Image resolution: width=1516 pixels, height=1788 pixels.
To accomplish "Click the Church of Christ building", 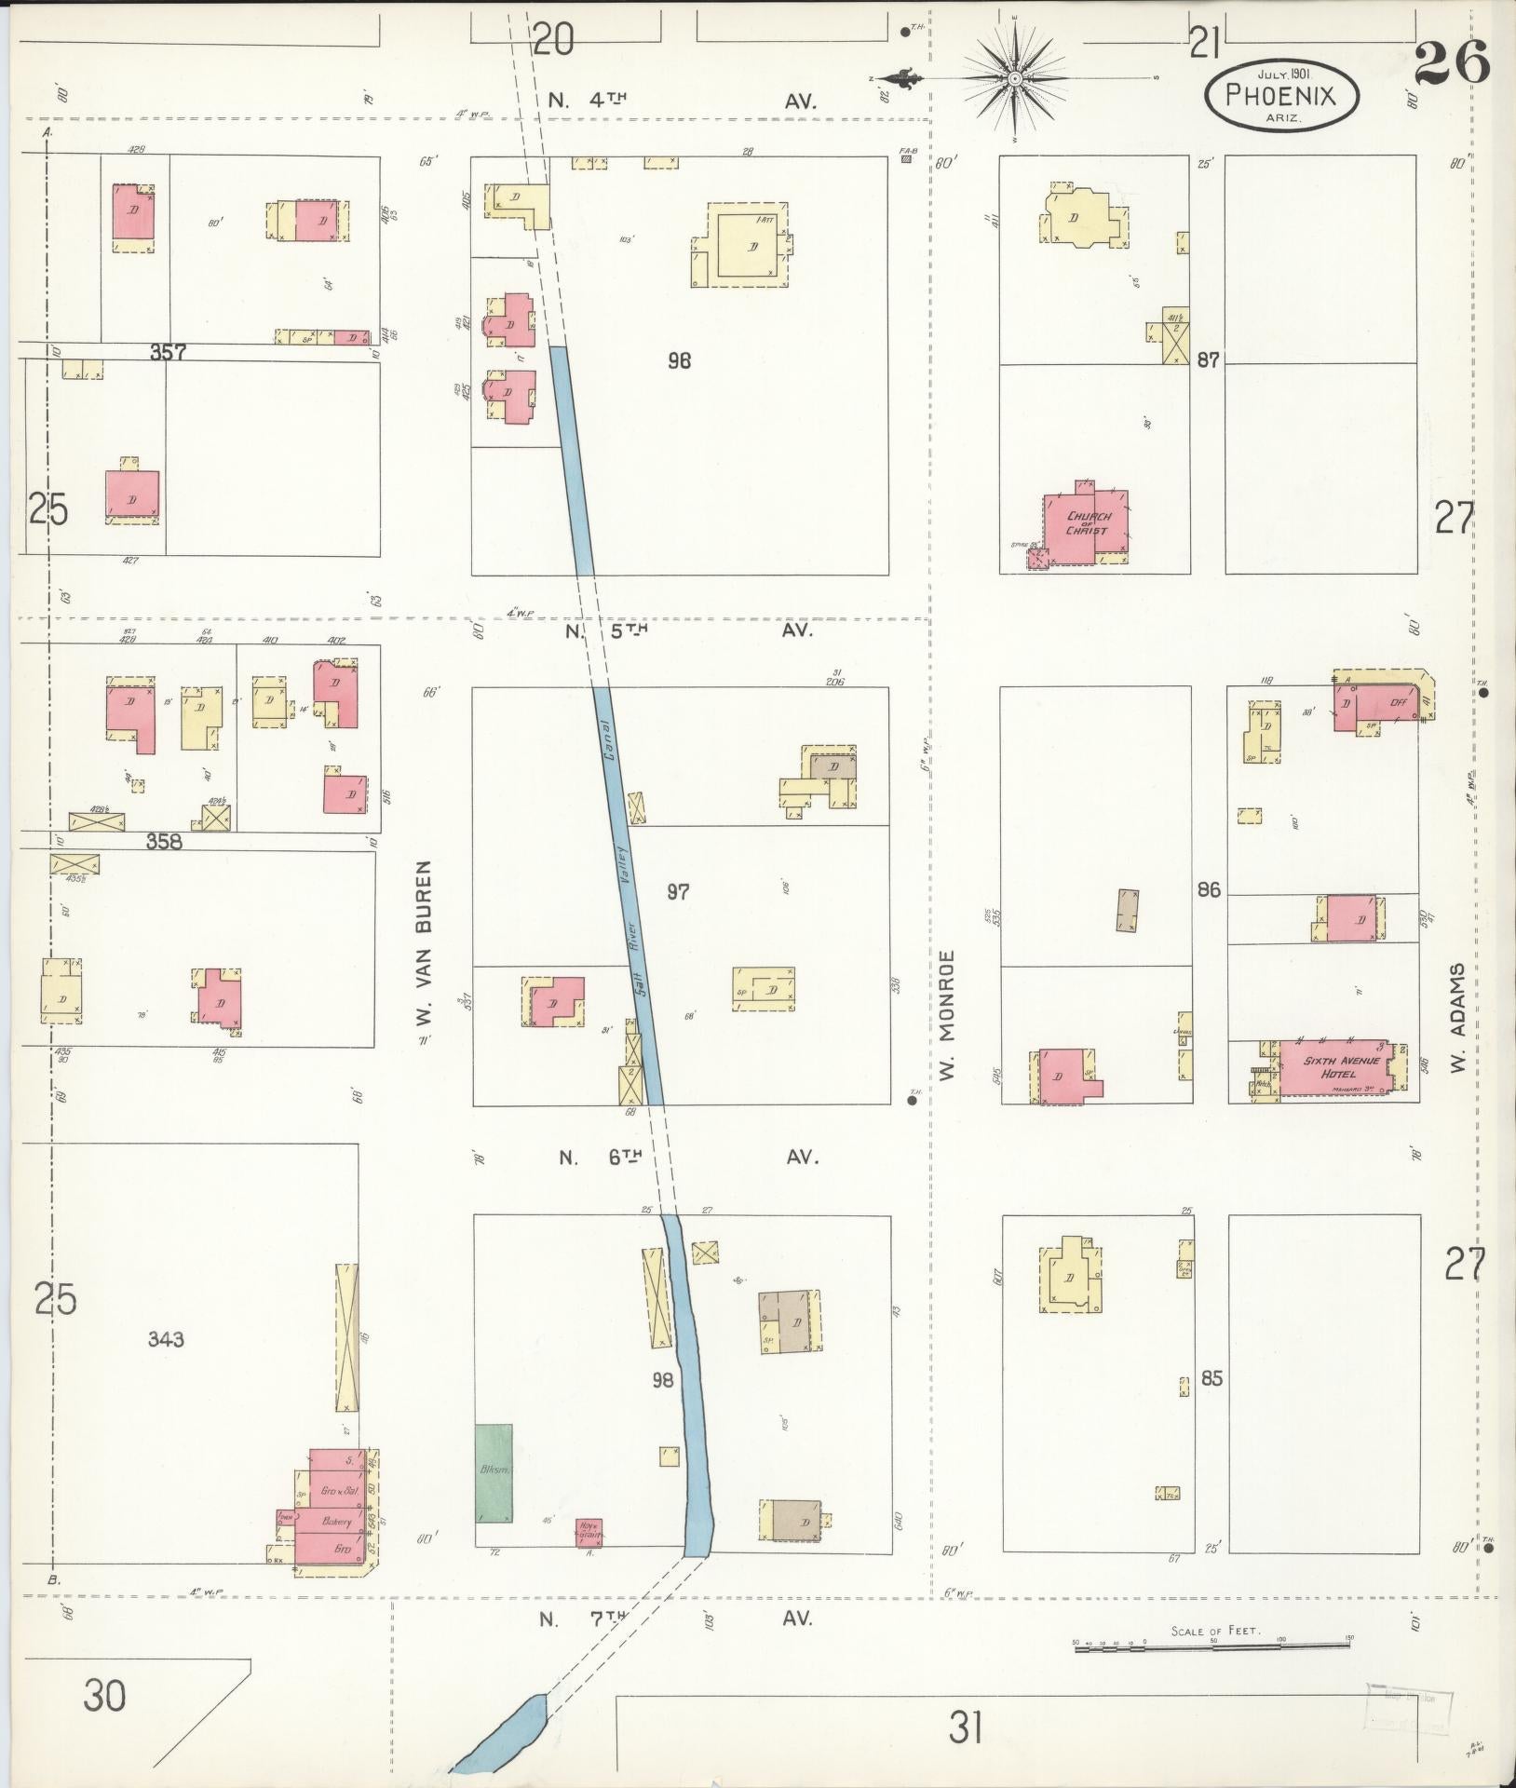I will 1087,524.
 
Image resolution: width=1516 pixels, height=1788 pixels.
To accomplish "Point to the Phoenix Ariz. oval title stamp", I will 1280,94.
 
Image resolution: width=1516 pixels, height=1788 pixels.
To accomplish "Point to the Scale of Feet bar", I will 1211,1647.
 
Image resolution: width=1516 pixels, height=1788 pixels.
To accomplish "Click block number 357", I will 169,353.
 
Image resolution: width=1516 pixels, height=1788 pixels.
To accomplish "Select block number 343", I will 166,1339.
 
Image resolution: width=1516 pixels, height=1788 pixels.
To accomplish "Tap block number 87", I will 1208,360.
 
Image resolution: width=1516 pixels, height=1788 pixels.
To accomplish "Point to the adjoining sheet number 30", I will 104,1696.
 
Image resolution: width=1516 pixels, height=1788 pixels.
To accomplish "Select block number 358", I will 164,842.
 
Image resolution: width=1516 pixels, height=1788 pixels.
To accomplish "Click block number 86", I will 1208,890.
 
